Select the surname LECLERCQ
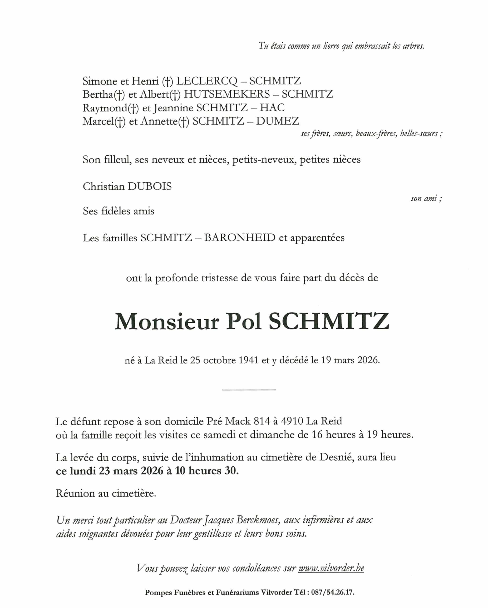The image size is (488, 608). click(207, 81)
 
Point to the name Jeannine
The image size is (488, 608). click(173, 108)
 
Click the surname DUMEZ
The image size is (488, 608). click(277, 121)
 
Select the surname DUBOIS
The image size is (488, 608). click(149, 186)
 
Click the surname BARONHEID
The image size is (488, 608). click(240, 238)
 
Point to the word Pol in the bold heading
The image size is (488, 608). click(244, 322)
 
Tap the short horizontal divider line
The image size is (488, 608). click(249, 390)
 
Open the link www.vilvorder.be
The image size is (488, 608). click(331, 568)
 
